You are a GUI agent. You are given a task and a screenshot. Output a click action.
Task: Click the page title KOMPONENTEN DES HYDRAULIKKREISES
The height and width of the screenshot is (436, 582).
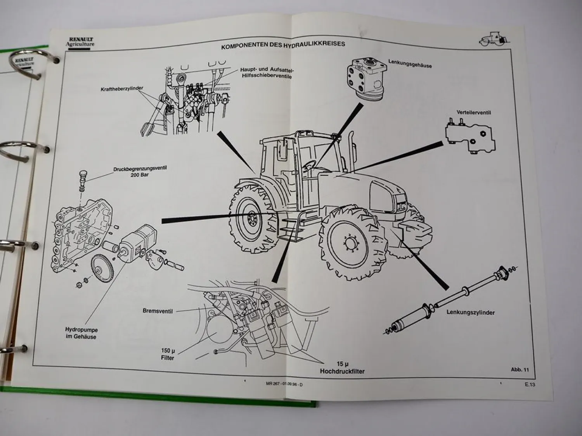coord(283,45)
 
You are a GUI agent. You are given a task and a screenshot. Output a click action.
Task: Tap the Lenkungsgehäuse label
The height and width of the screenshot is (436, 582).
coord(410,64)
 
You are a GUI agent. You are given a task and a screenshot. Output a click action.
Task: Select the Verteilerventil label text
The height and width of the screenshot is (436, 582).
coord(474,113)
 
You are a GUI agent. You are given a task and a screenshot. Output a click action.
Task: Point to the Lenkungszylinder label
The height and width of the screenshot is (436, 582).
coord(470,312)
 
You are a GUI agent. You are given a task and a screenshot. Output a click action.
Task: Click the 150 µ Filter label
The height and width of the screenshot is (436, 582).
coord(168,354)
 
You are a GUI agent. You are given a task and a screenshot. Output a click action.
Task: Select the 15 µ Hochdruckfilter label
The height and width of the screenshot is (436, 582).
coord(342,368)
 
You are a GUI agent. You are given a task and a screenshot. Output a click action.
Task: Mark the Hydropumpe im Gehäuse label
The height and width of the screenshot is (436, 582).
coord(81,333)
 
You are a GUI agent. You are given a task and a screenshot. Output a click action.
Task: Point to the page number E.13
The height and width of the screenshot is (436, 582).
coord(530,385)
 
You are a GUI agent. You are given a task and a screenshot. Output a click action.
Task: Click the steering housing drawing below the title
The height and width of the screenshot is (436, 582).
coord(365,79)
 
